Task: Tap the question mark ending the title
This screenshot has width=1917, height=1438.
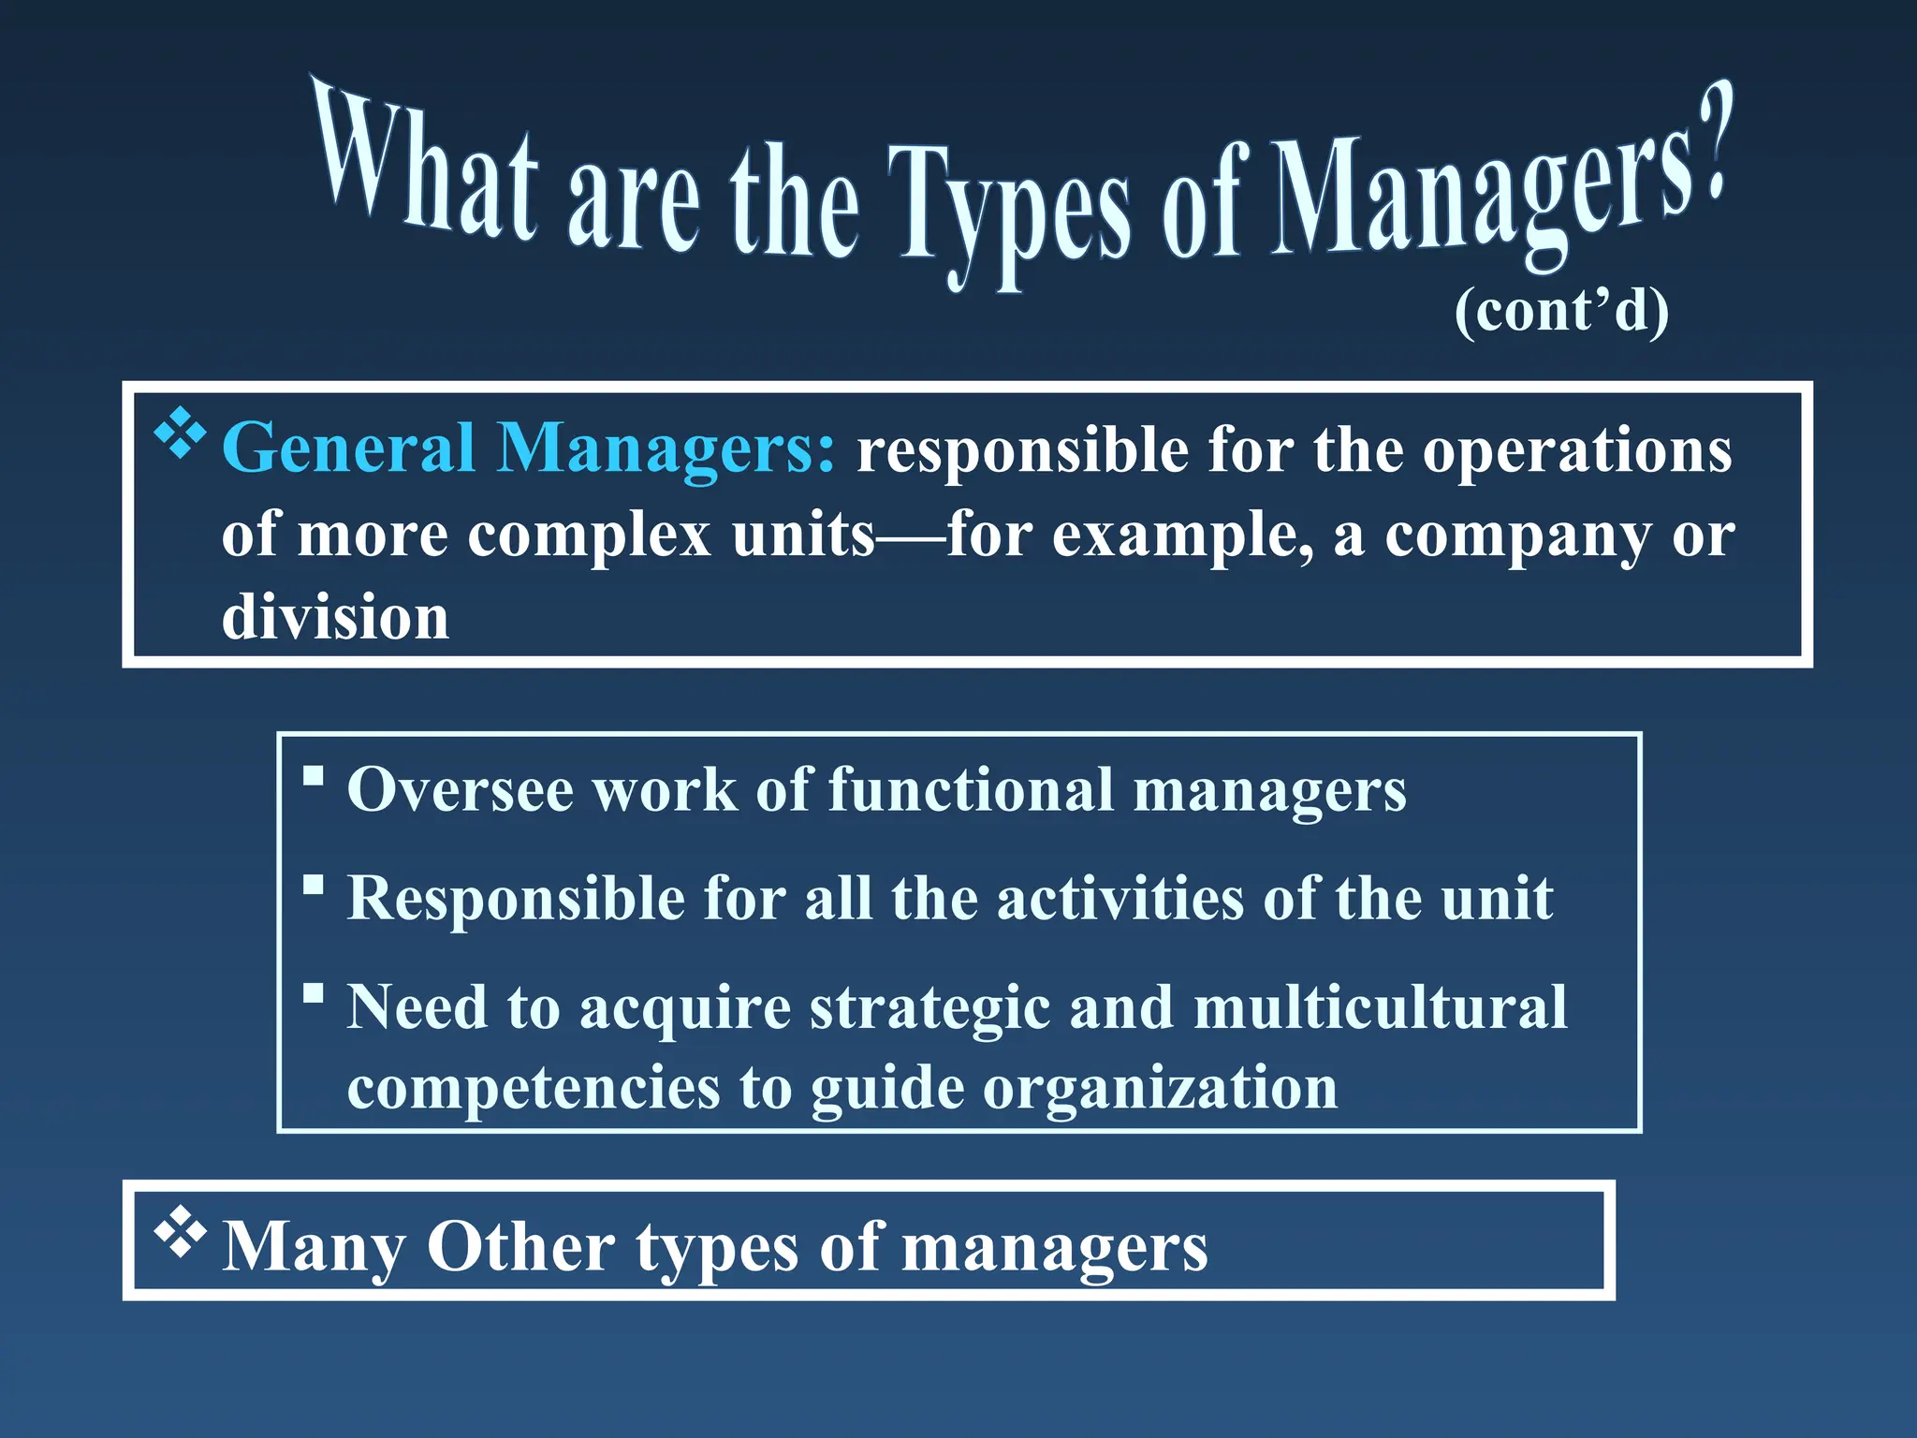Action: [x=1714, y=140]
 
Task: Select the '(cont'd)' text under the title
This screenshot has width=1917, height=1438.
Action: [x=1561, y=311]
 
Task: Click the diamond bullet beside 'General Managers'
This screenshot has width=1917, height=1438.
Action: [x=180, y=433]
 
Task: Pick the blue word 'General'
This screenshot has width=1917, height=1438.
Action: [x=349, y=448]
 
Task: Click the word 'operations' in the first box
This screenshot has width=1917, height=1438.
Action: [x=1577, y=450]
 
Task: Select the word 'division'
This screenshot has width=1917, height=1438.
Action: [x=335, y=618]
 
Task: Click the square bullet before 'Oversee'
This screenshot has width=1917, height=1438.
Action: [x=314, y=776]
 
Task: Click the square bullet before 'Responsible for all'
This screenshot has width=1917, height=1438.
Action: [x=314, y=885]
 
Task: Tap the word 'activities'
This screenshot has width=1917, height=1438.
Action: [x=1119, y=899]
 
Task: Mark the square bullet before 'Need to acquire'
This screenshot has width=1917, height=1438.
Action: [x=314, y=992]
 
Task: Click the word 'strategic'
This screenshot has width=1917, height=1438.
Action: [x=929, y=1009]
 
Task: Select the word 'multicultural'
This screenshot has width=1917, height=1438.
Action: [x=1380, y=1007]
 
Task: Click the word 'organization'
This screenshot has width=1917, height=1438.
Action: [x=1160, y=1088]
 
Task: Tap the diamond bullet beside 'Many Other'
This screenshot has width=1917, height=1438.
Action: [x=180, y=1232]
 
